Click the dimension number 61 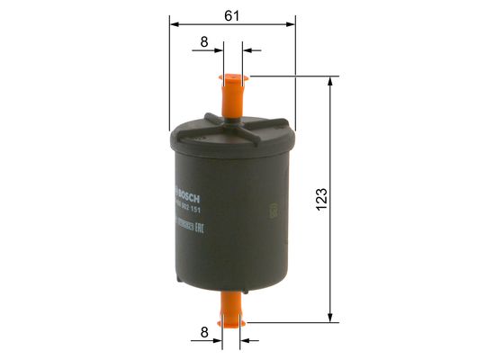[x=231, y=13]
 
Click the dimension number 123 [x=323, y=196]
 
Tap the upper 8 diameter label [x=204, y=41]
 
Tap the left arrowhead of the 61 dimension [x=175, y=24]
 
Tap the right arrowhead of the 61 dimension [x=290, y=24]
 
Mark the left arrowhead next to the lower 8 [x=219, y=340]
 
